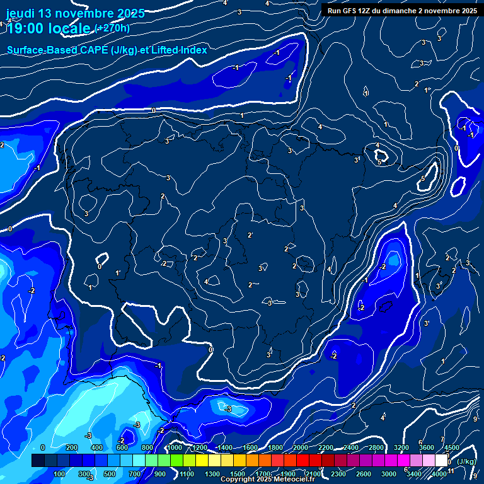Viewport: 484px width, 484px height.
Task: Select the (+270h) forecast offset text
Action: point(112,28)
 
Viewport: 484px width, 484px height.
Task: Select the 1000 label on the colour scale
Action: point(175,447)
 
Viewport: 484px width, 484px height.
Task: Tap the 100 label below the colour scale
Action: point(60,474)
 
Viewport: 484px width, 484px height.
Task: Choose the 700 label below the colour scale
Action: point(135,474)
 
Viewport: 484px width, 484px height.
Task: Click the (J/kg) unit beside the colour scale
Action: point(466,462)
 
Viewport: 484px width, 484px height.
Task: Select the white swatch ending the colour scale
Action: point(441,461)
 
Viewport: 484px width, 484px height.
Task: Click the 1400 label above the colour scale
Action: point(225,447)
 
